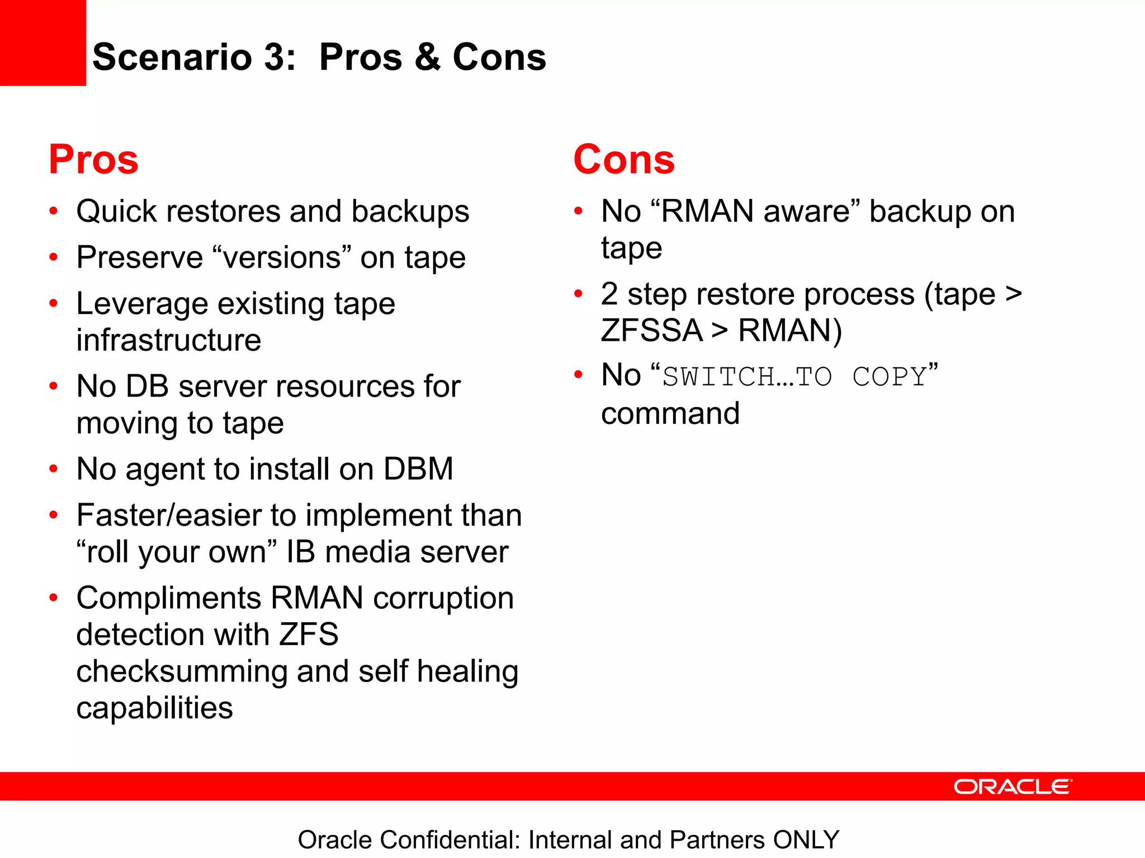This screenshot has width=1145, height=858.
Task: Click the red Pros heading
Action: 93,160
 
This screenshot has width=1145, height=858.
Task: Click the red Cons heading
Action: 624,160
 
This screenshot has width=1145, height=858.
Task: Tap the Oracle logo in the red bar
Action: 1012,786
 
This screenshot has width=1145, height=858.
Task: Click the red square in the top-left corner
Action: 42,42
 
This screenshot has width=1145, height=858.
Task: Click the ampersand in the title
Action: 428,58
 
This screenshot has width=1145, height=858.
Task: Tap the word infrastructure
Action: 169,340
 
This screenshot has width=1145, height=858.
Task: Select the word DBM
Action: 418,469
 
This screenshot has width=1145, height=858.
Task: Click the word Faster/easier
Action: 169,515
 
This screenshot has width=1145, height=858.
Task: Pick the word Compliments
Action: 169,598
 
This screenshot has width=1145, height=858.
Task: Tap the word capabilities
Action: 154,708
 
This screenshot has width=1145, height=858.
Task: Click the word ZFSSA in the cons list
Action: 652,330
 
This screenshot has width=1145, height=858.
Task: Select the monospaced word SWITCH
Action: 718,376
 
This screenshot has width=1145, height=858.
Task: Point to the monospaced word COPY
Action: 889,376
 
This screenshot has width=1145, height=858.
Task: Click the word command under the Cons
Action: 670,414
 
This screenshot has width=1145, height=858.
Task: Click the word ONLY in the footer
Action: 806,840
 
